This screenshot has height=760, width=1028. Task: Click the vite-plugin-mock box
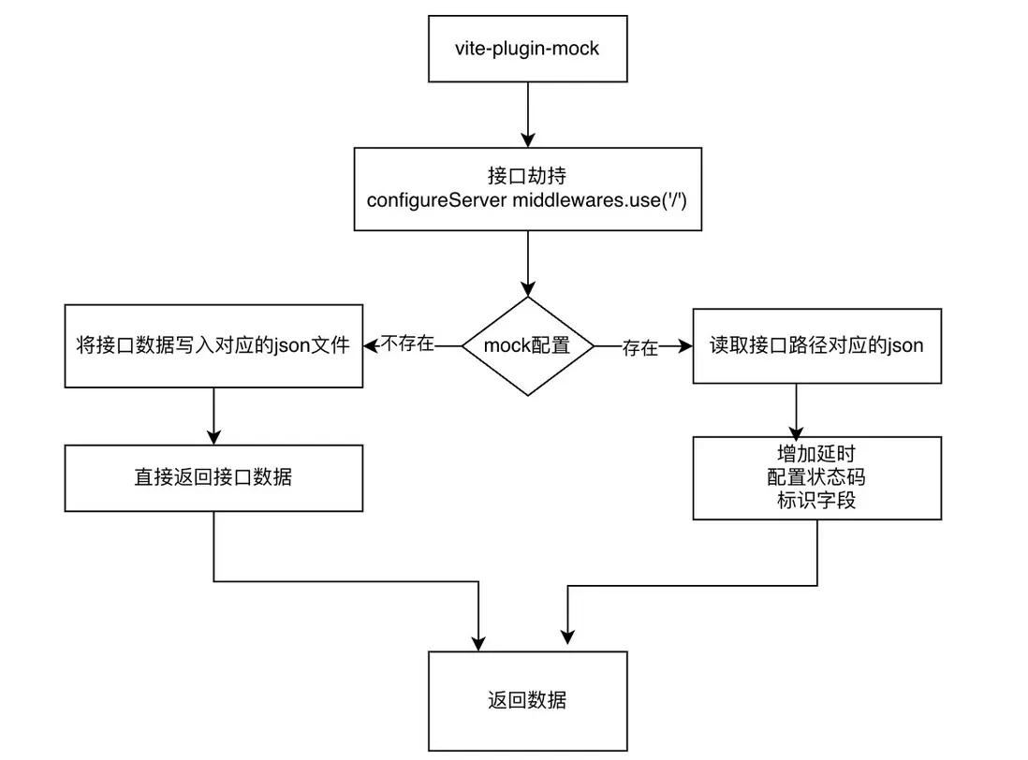click(527, 48)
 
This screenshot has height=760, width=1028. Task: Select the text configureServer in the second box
click(436, 198)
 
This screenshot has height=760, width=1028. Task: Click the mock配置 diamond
click(527, 345)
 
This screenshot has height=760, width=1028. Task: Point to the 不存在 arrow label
click(408, 344)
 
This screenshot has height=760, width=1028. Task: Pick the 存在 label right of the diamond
click(639, 348)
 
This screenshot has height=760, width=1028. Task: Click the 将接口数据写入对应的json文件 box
click(213, 345)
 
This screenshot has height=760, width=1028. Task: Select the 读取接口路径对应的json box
click(816, 345)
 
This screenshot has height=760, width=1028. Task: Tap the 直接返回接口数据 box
click(213, 477)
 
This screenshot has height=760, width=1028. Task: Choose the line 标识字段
click(816, 500)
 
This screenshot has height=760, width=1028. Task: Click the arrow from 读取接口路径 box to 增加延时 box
click(796, 410)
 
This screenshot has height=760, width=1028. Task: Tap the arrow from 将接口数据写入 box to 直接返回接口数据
click(214, 416)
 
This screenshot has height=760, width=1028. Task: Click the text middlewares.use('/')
click(600, 198)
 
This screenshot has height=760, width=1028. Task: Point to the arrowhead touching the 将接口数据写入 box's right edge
click(371, 345)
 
